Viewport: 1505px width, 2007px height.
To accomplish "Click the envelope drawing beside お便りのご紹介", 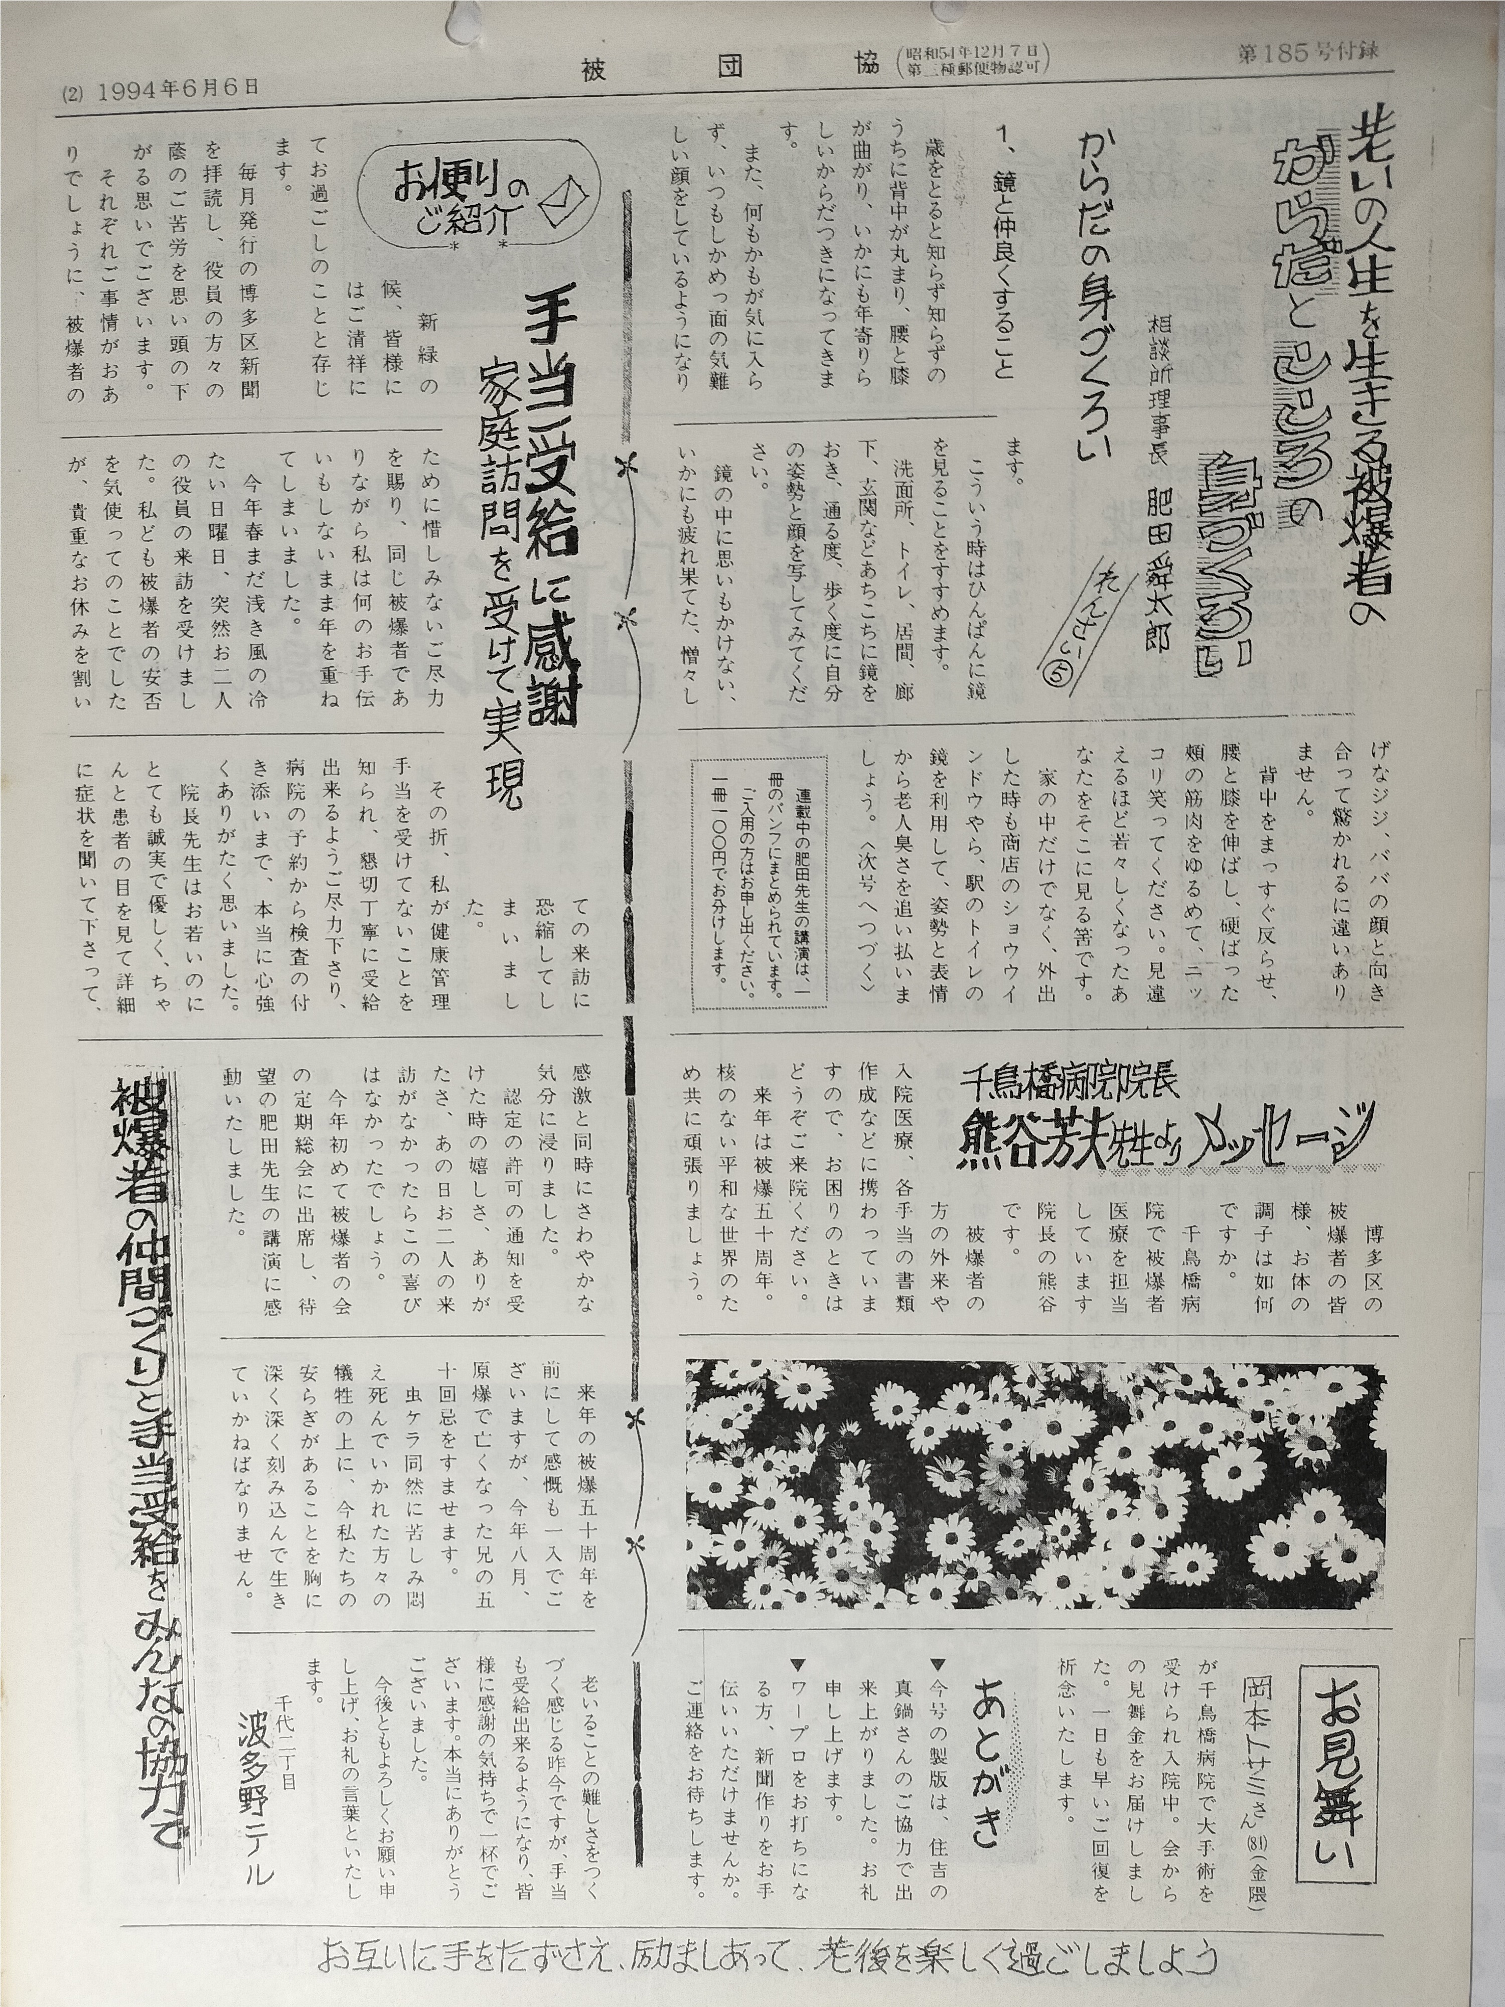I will click(565, 199).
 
